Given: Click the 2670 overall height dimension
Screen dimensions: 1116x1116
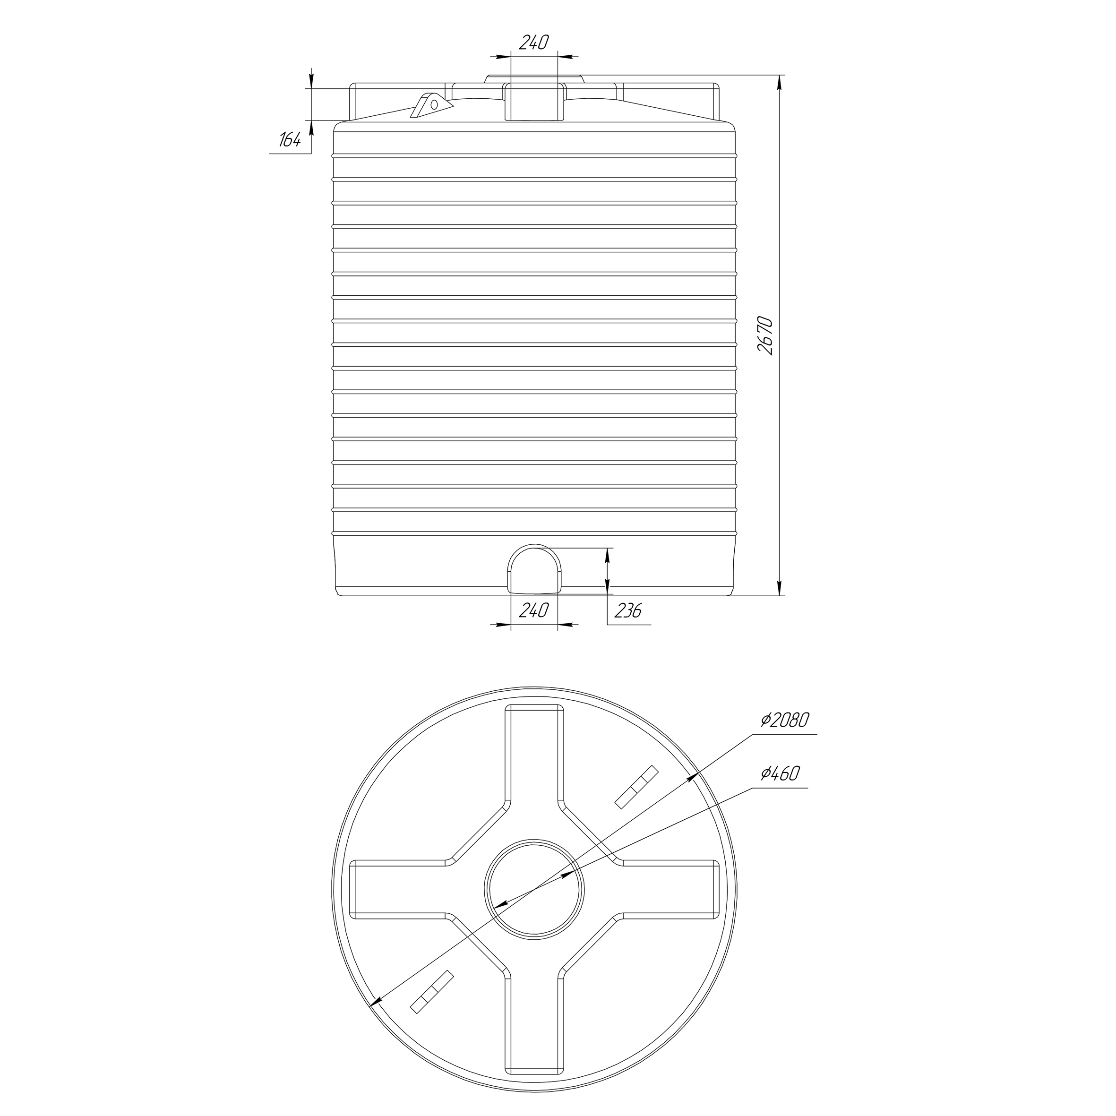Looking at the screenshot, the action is point(765,335).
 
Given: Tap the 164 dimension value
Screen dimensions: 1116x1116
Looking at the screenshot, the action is point(290,140).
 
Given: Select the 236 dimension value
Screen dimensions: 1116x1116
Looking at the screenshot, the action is point(627,611).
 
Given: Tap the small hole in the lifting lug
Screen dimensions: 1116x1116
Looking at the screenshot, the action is point(434,105).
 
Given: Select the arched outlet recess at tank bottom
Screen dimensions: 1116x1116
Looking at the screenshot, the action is point(534,569).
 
